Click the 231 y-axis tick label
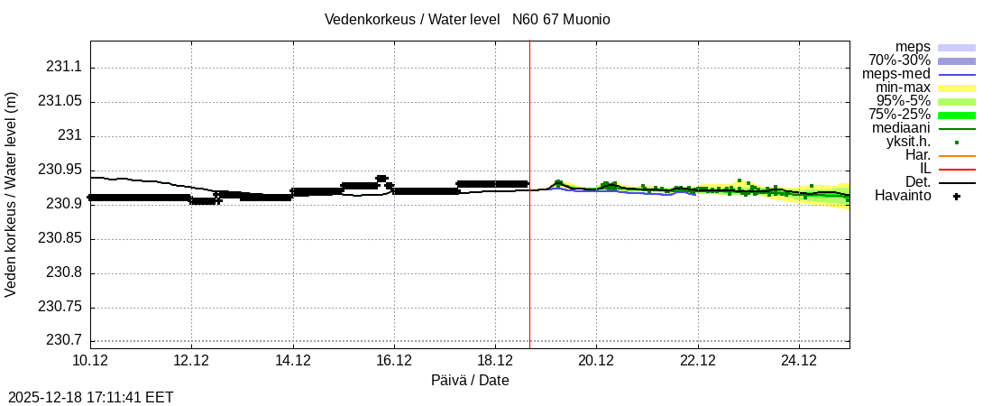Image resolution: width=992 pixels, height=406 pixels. (69, 135)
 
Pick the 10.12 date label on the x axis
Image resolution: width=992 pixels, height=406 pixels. (90, 361)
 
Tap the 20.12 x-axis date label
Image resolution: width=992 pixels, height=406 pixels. (596, 361)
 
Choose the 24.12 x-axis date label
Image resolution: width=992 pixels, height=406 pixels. (799, 361)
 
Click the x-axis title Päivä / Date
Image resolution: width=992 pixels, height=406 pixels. (470, 380)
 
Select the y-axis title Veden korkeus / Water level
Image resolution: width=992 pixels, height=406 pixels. (12, 194)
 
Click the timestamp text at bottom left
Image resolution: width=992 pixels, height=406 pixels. (91, 397)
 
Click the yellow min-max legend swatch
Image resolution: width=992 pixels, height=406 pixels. (957, 88)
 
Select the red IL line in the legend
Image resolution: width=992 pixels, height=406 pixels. (957, 169)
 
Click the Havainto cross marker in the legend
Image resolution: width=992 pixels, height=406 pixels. (957, 196)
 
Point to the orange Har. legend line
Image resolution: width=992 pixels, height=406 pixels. (957, 155)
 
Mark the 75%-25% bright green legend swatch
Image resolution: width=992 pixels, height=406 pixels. (957, 115)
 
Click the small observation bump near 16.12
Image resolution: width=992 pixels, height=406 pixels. (381, 179)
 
